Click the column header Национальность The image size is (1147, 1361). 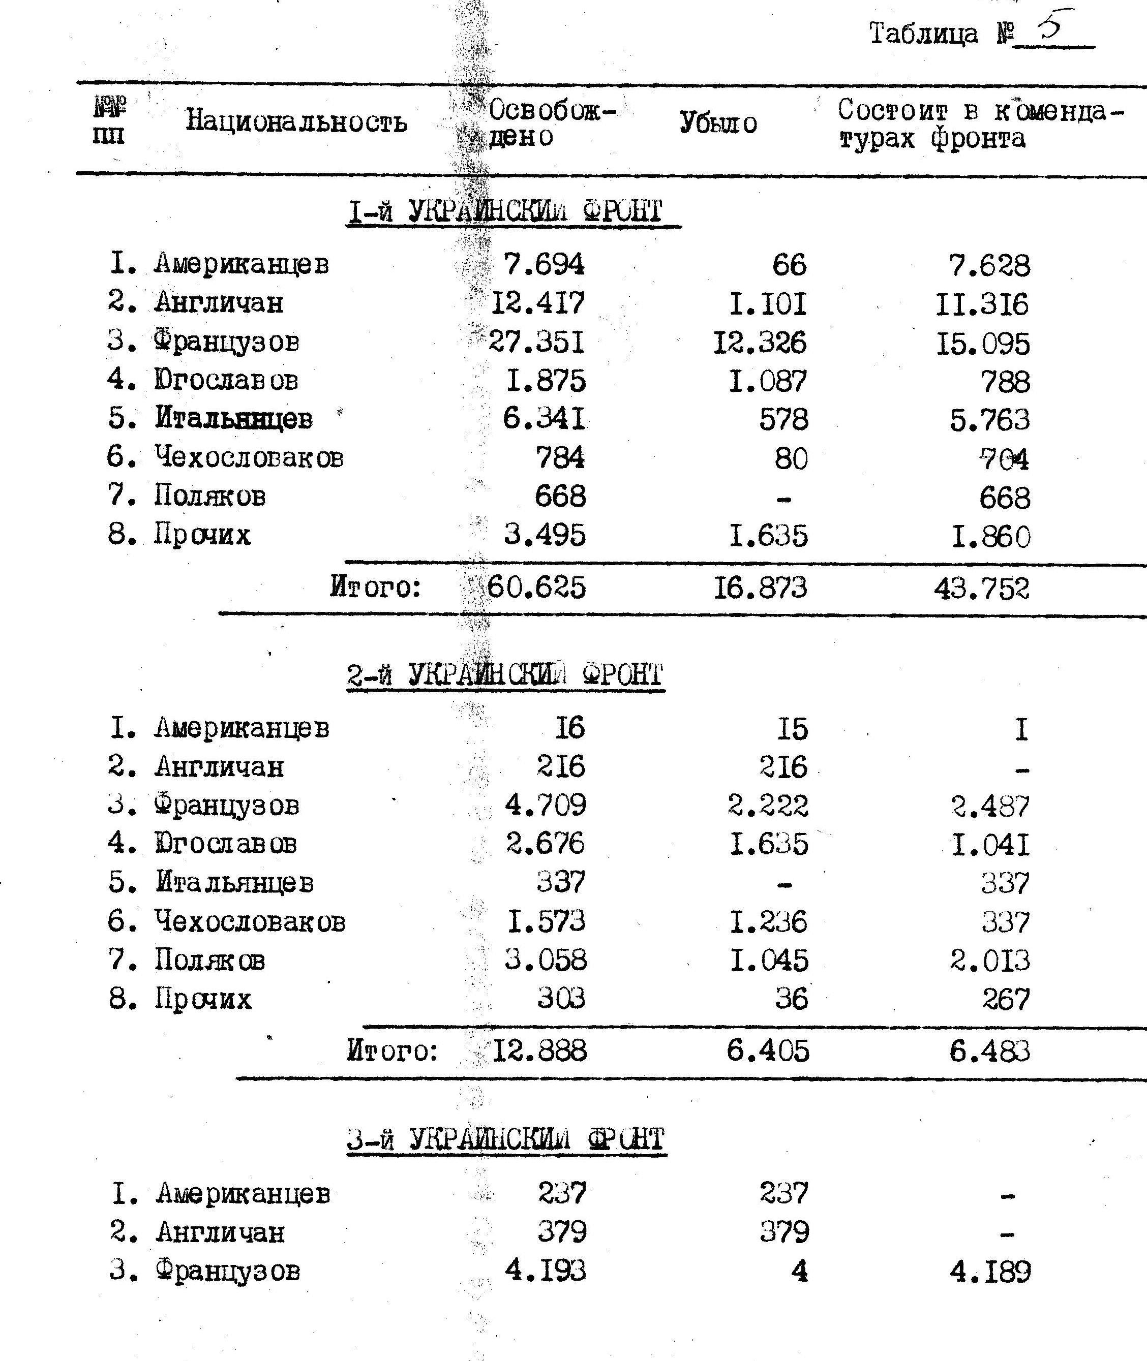(296, 121)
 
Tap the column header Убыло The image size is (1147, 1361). (718, 123)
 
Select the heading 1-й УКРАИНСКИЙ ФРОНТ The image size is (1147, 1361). (505, 212)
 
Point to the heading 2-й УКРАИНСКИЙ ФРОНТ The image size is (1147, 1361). (505, 675)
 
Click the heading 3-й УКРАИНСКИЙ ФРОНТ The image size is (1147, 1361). (506, 1139)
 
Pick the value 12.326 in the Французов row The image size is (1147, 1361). (760, 343)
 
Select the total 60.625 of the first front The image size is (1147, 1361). (536, 587)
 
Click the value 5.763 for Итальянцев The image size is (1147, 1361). (990, 420)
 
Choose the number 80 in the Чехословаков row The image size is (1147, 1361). (791, 459)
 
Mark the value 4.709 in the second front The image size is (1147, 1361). (546, 806)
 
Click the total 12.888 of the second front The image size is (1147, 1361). (539, 1050)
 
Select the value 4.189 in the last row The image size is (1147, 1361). (990, 1272)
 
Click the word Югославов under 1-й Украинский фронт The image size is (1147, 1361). (226, 380)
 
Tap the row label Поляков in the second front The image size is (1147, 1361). (210, 960)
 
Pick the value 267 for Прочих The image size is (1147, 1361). (1006, 1000)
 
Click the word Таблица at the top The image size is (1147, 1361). (923, 33)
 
